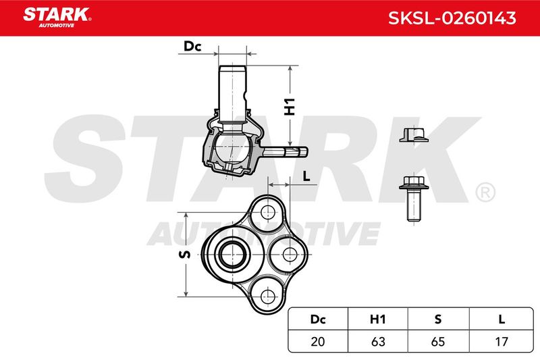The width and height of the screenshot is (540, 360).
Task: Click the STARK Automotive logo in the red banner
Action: (x=57, y=18)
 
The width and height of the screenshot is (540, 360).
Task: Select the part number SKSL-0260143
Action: (x=452, y=18)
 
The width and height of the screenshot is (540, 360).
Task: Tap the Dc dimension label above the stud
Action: (x=192, y=46)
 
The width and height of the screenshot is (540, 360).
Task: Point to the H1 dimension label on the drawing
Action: (x=290, y=107)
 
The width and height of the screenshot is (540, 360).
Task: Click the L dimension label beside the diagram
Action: (x=306, y=176)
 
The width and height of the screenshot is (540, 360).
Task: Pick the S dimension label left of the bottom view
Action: (x=185, y=255)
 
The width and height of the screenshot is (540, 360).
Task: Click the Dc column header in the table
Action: (x=318, y=319)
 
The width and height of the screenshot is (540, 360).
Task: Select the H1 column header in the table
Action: (x=378, y=319)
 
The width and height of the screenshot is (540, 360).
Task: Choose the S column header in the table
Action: (x=437, y=319)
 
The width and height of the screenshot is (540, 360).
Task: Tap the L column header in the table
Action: (x=502, y=319)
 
